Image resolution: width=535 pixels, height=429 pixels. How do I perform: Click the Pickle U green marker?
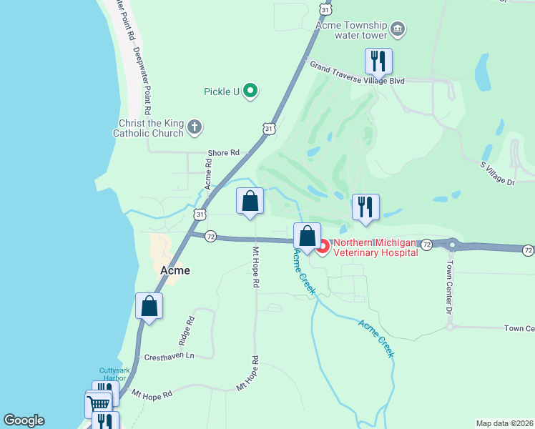[250, 91]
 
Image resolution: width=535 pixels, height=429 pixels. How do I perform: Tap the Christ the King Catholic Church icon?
[195, 128]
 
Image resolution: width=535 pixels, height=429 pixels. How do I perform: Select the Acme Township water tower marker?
[398, 30]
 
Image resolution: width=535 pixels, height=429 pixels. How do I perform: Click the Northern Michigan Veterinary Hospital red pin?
[322, 247]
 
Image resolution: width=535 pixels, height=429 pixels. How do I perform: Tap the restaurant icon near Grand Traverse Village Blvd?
[378, 61]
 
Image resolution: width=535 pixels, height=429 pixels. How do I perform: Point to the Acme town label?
[175, 270]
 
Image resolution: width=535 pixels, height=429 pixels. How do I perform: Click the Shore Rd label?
[223, 153]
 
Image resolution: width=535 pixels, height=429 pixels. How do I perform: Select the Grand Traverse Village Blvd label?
[356, 73]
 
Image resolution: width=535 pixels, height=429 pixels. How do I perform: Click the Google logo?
[24, 420]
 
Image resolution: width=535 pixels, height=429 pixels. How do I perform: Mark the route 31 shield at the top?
[325, 9]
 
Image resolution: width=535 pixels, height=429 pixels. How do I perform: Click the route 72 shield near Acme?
[210, 236]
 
